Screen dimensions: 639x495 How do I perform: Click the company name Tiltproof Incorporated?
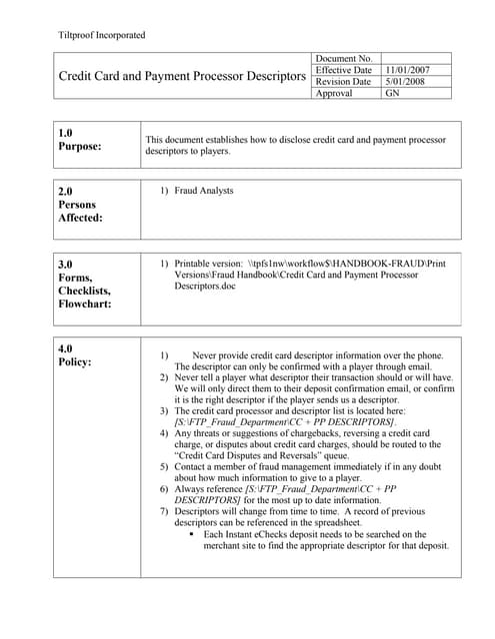coord(101,35)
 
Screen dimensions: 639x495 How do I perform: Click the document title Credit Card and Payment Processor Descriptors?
coord(182,76)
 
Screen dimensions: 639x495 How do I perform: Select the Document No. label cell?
coord(343,59)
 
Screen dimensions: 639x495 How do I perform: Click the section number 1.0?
coord(66,133)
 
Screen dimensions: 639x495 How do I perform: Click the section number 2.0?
coord(66,190)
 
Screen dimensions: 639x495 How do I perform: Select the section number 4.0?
coord(66,348)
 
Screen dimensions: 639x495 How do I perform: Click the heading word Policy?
coord(76,362)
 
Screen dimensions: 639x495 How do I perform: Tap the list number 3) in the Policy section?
coord(164,411)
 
